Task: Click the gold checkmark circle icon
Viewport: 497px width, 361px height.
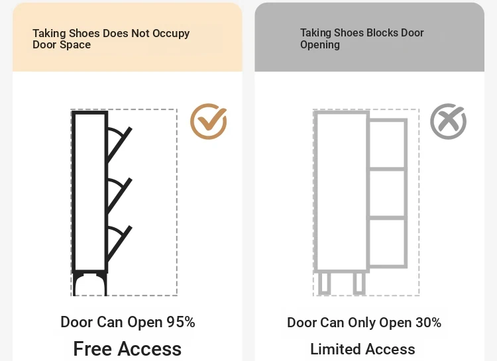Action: pos(208,122)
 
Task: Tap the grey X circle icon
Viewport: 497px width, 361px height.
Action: pos(447,121)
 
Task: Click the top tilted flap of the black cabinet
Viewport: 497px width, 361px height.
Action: pos(119,145)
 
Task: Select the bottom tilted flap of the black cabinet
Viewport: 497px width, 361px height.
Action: pos(119,244)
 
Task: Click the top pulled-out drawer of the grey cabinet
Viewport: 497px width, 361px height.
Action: pos(388,144)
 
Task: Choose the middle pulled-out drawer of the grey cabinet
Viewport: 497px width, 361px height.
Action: pos(388,193)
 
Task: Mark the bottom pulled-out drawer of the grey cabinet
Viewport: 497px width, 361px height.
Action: pos(388,242)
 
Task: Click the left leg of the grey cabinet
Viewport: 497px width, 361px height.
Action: pos(324,284)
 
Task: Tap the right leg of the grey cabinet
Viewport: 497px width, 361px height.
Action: pos(359,284)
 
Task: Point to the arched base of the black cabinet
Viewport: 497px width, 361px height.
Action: pos(90,284)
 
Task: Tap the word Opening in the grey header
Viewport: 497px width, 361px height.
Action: pos(320,45)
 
